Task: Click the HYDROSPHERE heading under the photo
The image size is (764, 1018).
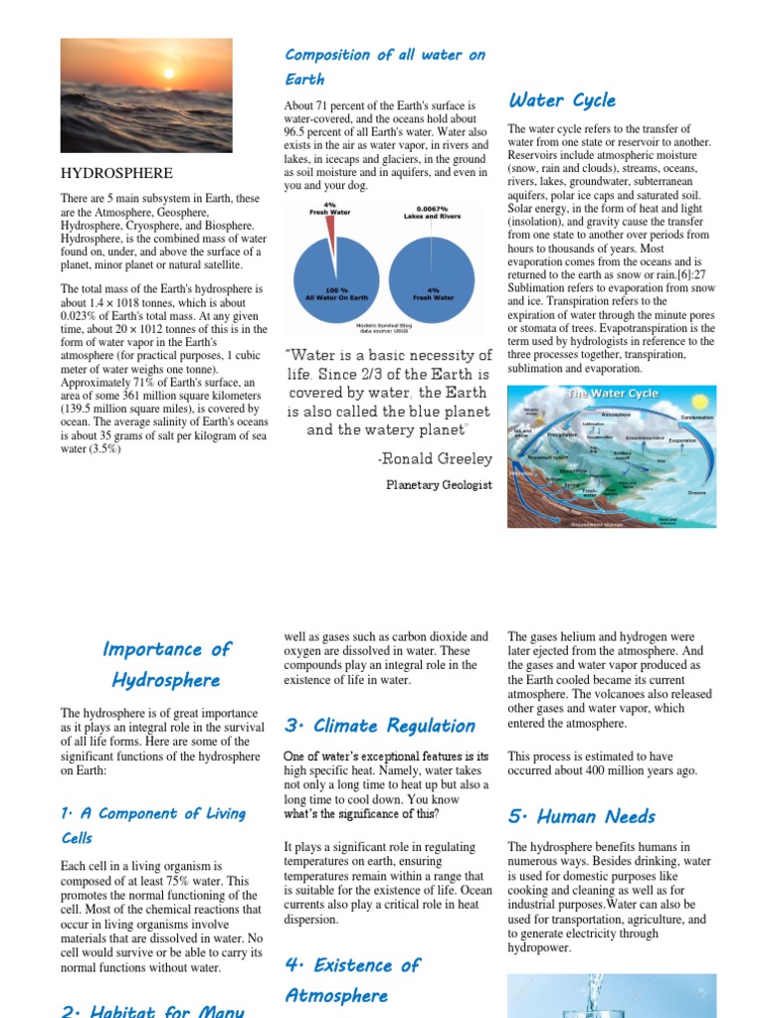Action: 116,173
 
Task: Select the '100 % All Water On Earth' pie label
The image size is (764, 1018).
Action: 329,294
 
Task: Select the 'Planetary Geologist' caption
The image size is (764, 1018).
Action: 439,485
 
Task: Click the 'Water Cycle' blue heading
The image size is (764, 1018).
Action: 562,100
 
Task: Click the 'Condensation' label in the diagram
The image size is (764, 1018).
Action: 696,418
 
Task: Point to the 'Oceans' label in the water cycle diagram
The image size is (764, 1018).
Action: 696,492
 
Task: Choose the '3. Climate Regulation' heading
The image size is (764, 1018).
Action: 380,726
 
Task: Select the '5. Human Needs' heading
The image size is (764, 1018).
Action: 582,817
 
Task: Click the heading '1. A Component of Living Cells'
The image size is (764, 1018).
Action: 153,825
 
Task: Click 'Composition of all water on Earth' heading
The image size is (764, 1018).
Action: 385,67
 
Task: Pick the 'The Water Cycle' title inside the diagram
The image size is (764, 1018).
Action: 612,394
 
